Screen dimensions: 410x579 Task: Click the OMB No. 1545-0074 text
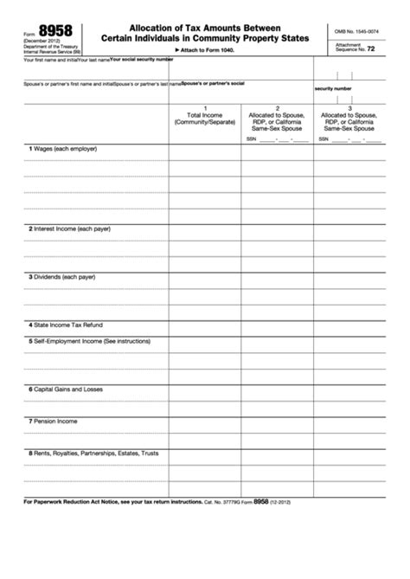(356, 32)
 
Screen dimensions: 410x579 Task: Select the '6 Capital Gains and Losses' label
(66, 389)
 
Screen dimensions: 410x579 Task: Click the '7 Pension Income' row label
(54, 421)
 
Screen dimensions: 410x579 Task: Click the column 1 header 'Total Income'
(204, 115)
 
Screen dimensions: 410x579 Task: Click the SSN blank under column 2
(282, 138)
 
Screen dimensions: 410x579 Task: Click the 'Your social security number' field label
(141, 60)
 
